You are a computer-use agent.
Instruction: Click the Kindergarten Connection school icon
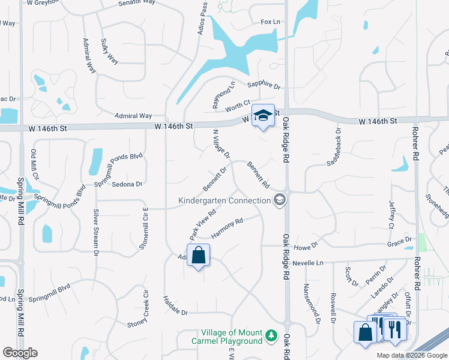point(279,200)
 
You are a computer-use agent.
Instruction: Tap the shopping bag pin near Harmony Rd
point(199,256)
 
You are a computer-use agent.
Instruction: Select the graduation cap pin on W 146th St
point(263,115)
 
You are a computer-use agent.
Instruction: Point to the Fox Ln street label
point(271,22)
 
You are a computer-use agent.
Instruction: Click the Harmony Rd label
point(226,229)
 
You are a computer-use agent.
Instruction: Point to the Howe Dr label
point(305,246)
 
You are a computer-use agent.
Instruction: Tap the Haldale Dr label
point(175,313)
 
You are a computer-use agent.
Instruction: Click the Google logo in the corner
point(20,353)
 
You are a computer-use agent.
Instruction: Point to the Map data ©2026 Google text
point(412,355)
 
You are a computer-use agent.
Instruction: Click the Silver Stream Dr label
point(95,232)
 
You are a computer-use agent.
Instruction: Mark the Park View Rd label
point(203,221)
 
